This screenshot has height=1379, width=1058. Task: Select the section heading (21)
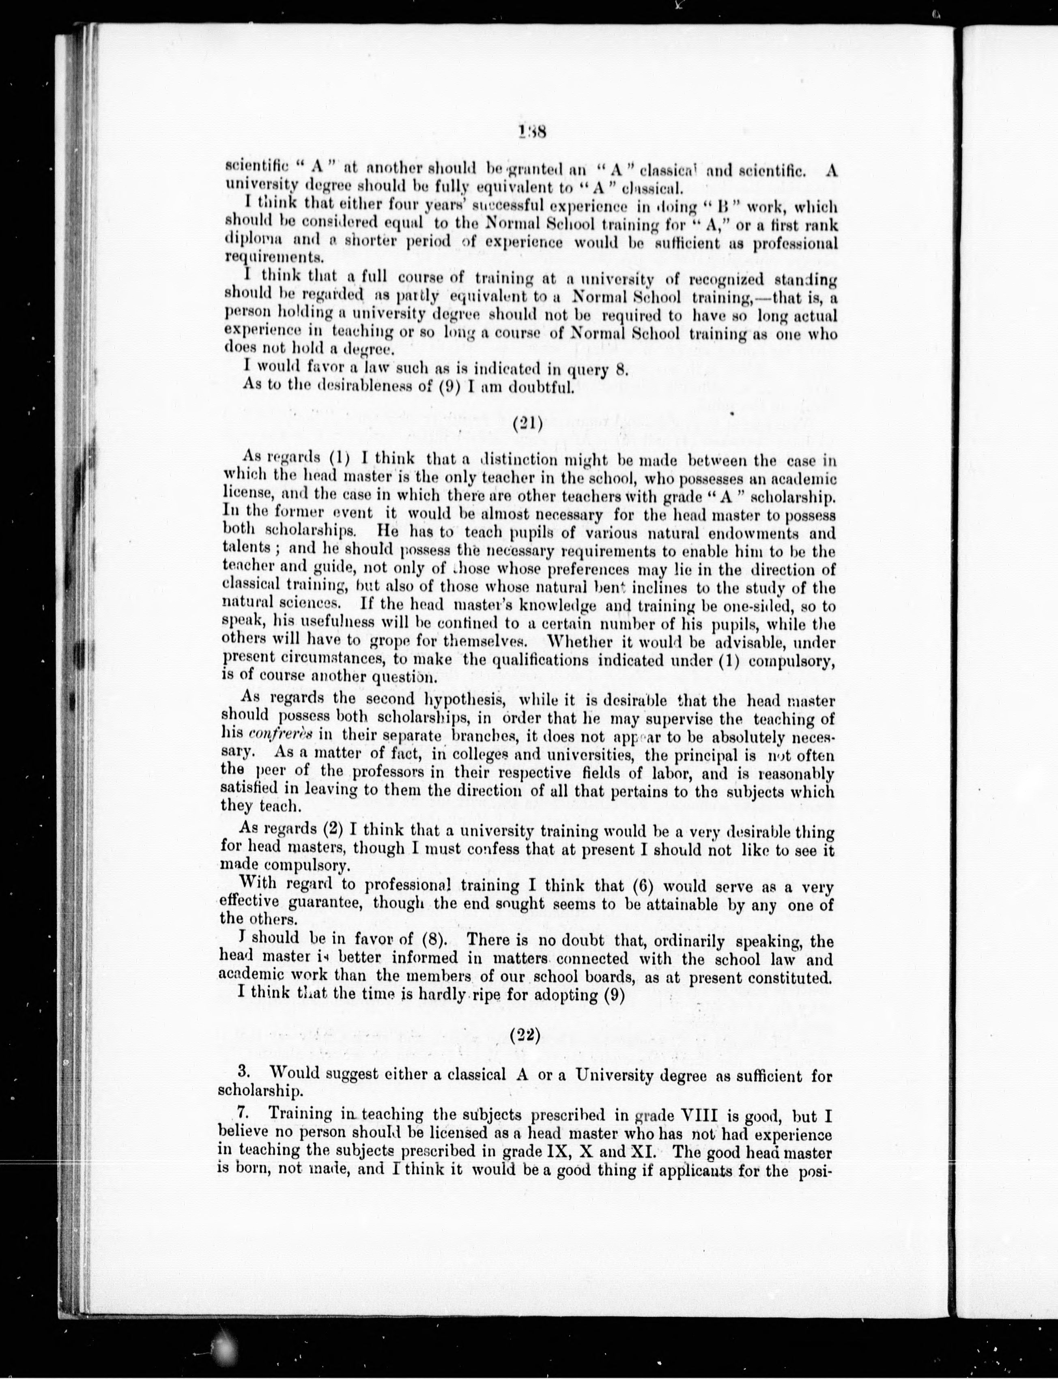pyautogui.click(x=528, y=424)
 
